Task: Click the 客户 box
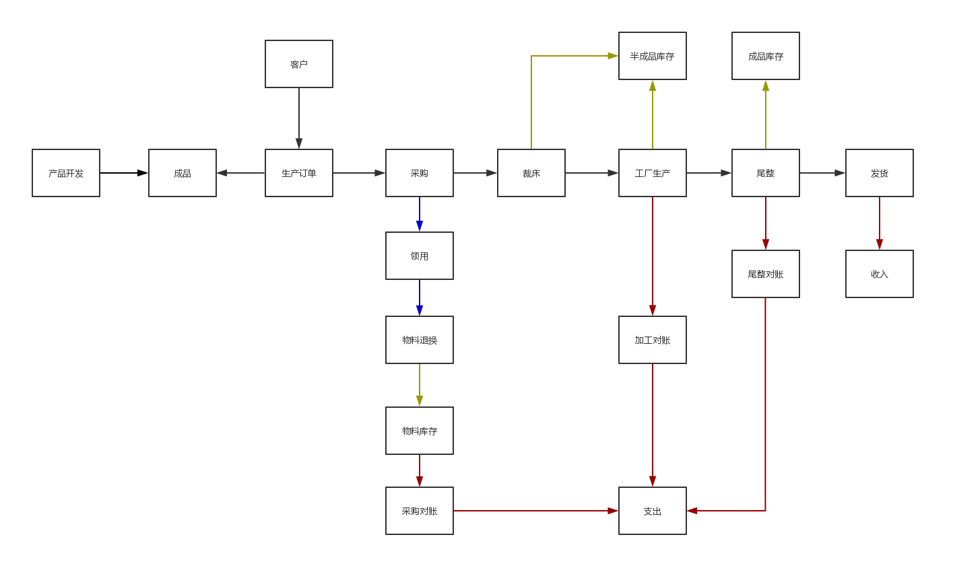pyautogui.click(x=298, y=64)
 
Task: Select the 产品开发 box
pyautogui.click(x=66, y=173)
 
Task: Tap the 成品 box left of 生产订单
pyautogui.click(x=183, y=173)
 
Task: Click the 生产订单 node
pyautogui.click(x=298, y=173)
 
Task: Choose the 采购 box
pyautogui.click(x=419, y=173)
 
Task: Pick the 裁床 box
pyautogui.click(x=531, y=173)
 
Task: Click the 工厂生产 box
pyautogui.click(x=652, y=173)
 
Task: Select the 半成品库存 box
pyautogui.click(x=652, y=56)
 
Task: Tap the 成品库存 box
pyautogui.click(x=765, y=56)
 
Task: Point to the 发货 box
pyautogui.click(x=879, y=173)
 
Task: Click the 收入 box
pyautogui.click(x=879, y=274)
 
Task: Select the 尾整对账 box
pyautogui.click(x=765, y=274)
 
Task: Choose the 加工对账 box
pyautogui.click(x=652, y=340)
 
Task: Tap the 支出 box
pyautogui.click(x=652, y=511)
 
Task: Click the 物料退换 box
pyautogui.click(x=419, y=340)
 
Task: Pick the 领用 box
pyautogui.click(x=419, y=256)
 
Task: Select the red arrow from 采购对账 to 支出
pyautogui.click(x=535, y=511)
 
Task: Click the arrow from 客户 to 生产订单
pyautogui.click(x=299, y=118)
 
